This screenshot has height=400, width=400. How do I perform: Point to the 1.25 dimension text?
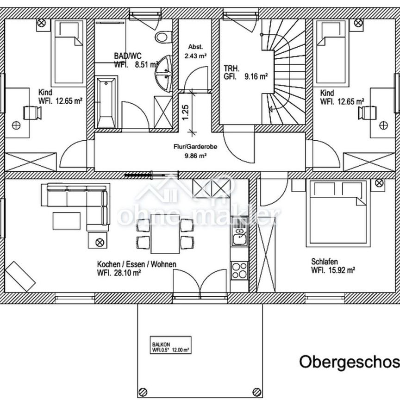pos(186,112)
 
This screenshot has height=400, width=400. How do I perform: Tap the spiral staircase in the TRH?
pos(282,69)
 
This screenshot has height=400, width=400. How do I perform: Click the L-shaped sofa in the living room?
pos(79,204)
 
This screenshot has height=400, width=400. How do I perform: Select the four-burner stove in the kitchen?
pos(240,269)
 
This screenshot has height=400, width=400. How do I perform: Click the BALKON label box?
pos(170,346)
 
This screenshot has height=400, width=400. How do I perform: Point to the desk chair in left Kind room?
pos(31,112)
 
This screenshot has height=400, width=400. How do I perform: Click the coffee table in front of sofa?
pos(67,219)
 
